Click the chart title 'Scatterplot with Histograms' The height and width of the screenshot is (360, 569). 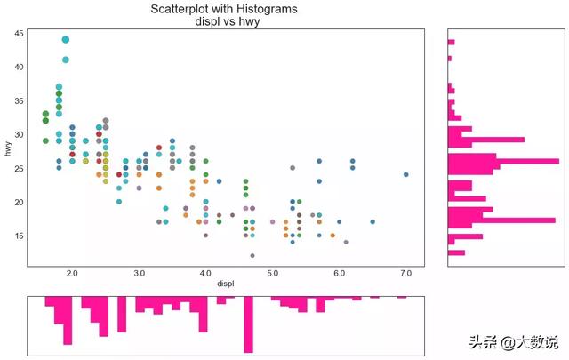224,9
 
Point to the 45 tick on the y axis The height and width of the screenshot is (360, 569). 18,33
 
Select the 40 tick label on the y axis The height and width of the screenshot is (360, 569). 18,67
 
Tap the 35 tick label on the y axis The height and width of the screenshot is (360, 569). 18,100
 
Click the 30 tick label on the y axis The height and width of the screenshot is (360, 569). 18,134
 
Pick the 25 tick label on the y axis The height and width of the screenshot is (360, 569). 18,168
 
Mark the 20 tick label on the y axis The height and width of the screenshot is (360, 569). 18,202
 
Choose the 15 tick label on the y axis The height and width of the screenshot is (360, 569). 18,236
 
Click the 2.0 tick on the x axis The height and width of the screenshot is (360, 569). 72,274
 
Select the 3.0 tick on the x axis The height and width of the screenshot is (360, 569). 140,274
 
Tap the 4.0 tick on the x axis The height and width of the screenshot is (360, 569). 206,274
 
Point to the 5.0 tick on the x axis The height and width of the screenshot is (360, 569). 273,274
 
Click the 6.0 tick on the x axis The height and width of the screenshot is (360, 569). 340,274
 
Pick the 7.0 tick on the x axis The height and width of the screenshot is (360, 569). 406,274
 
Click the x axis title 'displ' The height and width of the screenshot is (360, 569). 226,284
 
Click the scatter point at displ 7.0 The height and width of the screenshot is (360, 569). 406,175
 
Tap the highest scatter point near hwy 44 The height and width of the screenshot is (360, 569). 66,40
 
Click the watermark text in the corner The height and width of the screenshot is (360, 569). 514,341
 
